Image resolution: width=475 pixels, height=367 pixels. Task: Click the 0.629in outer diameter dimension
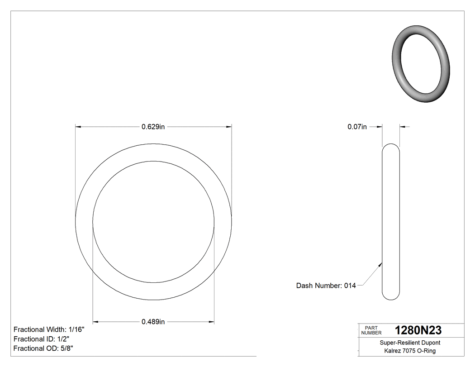click(153, 127)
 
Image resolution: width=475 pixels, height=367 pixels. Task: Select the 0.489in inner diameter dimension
click(153, 322)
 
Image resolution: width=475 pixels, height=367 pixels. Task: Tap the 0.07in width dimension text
click(357, 127)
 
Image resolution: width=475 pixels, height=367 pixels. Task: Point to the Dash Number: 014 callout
click(326, 286)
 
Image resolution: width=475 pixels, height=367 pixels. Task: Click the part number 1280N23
click(418, 330)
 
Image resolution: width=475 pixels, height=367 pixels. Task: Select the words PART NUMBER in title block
click(371, 330)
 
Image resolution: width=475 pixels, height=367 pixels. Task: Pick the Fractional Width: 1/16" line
click(49, 329)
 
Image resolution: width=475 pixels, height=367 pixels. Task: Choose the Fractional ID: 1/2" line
click(41, 339)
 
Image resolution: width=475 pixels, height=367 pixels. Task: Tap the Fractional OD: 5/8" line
click(43, 348)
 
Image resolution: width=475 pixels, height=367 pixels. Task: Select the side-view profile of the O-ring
click(391, 222)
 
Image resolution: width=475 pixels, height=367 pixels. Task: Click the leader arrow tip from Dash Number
click(381, 263)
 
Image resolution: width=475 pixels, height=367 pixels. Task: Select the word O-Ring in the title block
click(427, 351)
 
